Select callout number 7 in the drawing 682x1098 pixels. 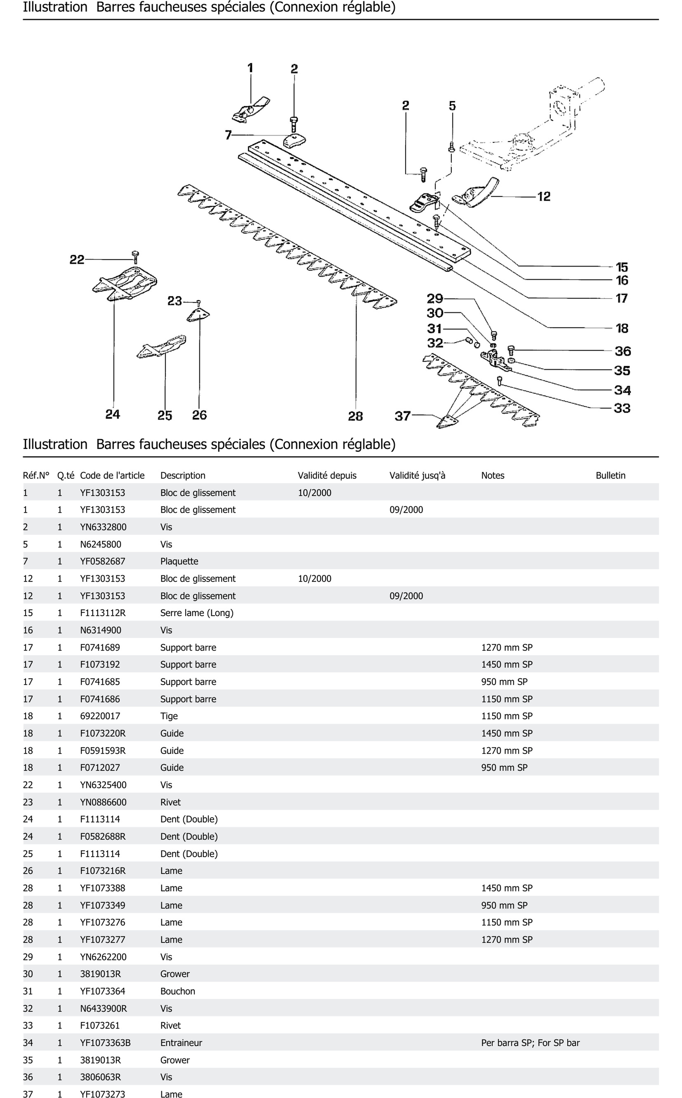[228, 135]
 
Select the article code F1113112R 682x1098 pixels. [103, 613]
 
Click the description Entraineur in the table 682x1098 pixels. [181, 1043]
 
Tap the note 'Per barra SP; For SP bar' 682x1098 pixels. [530, 1043]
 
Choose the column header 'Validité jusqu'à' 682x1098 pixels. [417, 476]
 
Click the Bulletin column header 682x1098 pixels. [610, 476]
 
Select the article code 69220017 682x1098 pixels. [100, 716]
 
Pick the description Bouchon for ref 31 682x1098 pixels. [178, 991]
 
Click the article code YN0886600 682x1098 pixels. [103, 802]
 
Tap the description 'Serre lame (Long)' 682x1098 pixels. [197, 613]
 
